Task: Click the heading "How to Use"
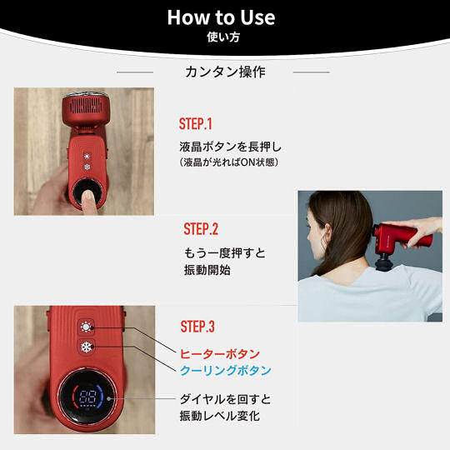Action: [x=221, y=17]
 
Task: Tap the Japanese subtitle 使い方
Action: [x=223, y=37]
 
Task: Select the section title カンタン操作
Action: [x=225, y=72]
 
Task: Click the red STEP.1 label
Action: [x=196, y=124]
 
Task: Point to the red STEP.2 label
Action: [x=201, y=229]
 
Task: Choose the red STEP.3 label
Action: [x=197, y=327]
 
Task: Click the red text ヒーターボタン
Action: [x=219, y=354]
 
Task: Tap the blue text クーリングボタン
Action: [x=225, y=370]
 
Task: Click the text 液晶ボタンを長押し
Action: [x=231, y=147]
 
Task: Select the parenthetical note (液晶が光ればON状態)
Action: [x=228, y=162]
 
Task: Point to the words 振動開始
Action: [x=207, y=270]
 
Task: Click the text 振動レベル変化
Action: [x=220, y=416]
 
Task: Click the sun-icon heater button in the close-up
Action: [x=86, y=327]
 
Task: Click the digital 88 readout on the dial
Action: [x=87, y=397]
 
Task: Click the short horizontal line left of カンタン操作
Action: [x=135, y=72]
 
